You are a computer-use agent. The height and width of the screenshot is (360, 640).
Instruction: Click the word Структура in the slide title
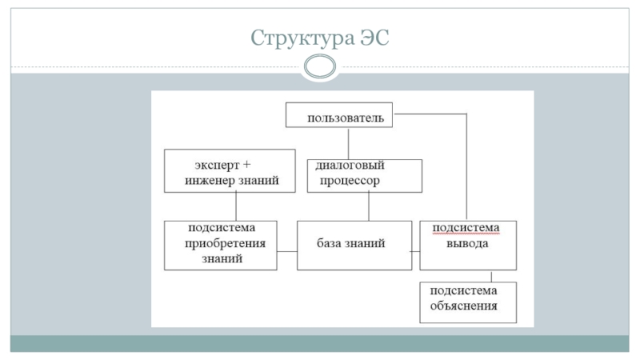(x=302, y=38)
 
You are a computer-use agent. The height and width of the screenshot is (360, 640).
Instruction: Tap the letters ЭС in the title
(x=374, y=38)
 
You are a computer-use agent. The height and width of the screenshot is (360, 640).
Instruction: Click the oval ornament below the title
(x=320, y=66)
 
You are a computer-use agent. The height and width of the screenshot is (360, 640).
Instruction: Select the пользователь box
(x=338, y=115)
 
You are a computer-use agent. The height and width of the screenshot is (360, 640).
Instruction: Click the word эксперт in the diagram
(x=217, y=166)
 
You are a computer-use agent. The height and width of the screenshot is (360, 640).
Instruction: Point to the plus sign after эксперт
(x=246, y=165)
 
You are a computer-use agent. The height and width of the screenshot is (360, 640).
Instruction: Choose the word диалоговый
(x=350, y=166)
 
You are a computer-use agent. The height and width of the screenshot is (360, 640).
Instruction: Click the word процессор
(x=350, y=181)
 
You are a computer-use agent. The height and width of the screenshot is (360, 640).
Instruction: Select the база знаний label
(x=351, y=243)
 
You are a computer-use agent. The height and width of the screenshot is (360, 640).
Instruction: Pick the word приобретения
(x=225, y=244)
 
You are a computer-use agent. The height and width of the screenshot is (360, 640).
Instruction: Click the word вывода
(x=467, y=244)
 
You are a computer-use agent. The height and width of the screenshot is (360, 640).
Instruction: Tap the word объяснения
(x=464, y=306)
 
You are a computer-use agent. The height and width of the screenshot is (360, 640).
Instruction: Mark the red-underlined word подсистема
(x=466, y=228)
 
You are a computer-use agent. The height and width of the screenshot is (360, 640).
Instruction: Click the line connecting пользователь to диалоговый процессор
(x=348, y=143)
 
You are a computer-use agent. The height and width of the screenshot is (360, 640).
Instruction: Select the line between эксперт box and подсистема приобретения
(x=236, y=206)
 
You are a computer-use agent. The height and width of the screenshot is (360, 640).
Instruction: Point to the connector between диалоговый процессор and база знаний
(x=369, y=206)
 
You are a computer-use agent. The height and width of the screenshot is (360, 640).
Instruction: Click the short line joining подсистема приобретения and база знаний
(x=287, y=251)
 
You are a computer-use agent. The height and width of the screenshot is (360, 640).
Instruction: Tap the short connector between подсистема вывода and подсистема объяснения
(x=491, y=276)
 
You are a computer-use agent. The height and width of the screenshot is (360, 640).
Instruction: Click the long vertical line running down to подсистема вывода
(x=466, y=167)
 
